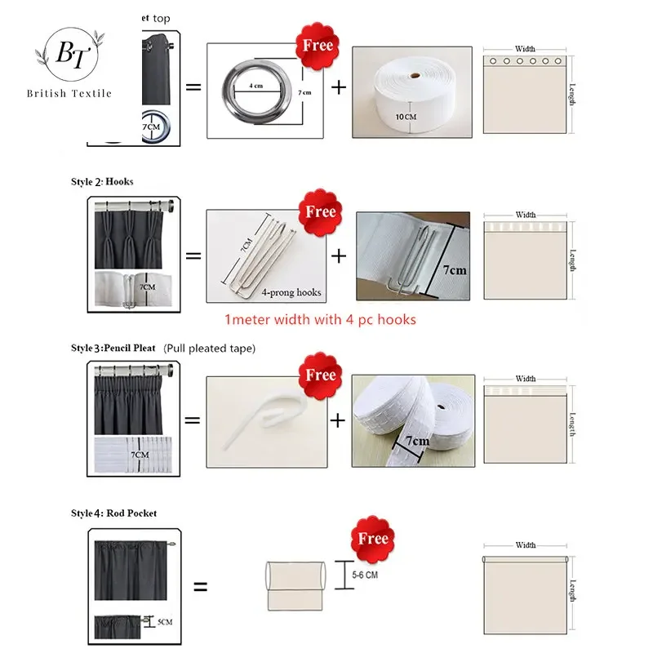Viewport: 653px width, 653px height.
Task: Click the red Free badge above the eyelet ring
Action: point(318,44)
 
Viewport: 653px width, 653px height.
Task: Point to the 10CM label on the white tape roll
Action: point(405,117)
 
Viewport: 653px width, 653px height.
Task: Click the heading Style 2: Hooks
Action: point(101,181)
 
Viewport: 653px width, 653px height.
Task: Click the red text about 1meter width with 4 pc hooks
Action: point(320,319)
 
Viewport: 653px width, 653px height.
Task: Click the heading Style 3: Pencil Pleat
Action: point(113,349)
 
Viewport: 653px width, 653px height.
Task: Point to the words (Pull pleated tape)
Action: point(209,349)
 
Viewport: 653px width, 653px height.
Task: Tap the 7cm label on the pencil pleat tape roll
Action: point(415,442)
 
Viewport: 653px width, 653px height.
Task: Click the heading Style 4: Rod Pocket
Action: point(113,513)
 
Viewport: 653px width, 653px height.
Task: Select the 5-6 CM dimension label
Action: point(364,575)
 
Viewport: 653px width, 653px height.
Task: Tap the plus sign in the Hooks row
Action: point(339,255)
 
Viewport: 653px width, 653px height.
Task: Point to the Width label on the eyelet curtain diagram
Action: point(526,50)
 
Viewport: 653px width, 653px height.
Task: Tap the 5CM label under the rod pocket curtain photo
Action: point(164,623)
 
